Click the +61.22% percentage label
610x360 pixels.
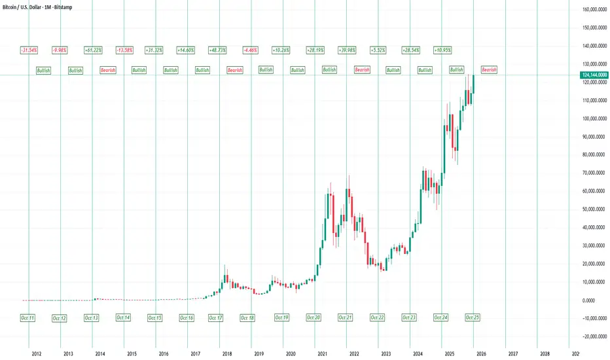click(x=92, y=50)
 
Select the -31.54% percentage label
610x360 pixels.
click(x=28, y=50)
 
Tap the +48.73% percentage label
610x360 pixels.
click(x=218, y=50)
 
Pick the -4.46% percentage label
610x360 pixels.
click(x=250, y=50)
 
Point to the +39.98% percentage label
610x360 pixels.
click(x=347, y=50)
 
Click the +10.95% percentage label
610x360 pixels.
click(x=442, y=50)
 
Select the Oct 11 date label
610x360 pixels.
click(x=27, y=317)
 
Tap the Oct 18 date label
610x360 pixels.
click(x=247, y=317)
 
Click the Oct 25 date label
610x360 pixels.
click(x=473, y=317)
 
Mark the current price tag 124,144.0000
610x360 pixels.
click(x=594, y=76)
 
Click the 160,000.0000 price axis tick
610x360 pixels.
click(x=593, y=10)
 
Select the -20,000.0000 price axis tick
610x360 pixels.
click(x=593, y=336)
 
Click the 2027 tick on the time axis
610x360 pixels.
click(x=512, y=353)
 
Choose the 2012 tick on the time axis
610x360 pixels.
click(x=37, y=353)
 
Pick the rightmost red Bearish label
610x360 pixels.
click(x=489, y=69)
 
